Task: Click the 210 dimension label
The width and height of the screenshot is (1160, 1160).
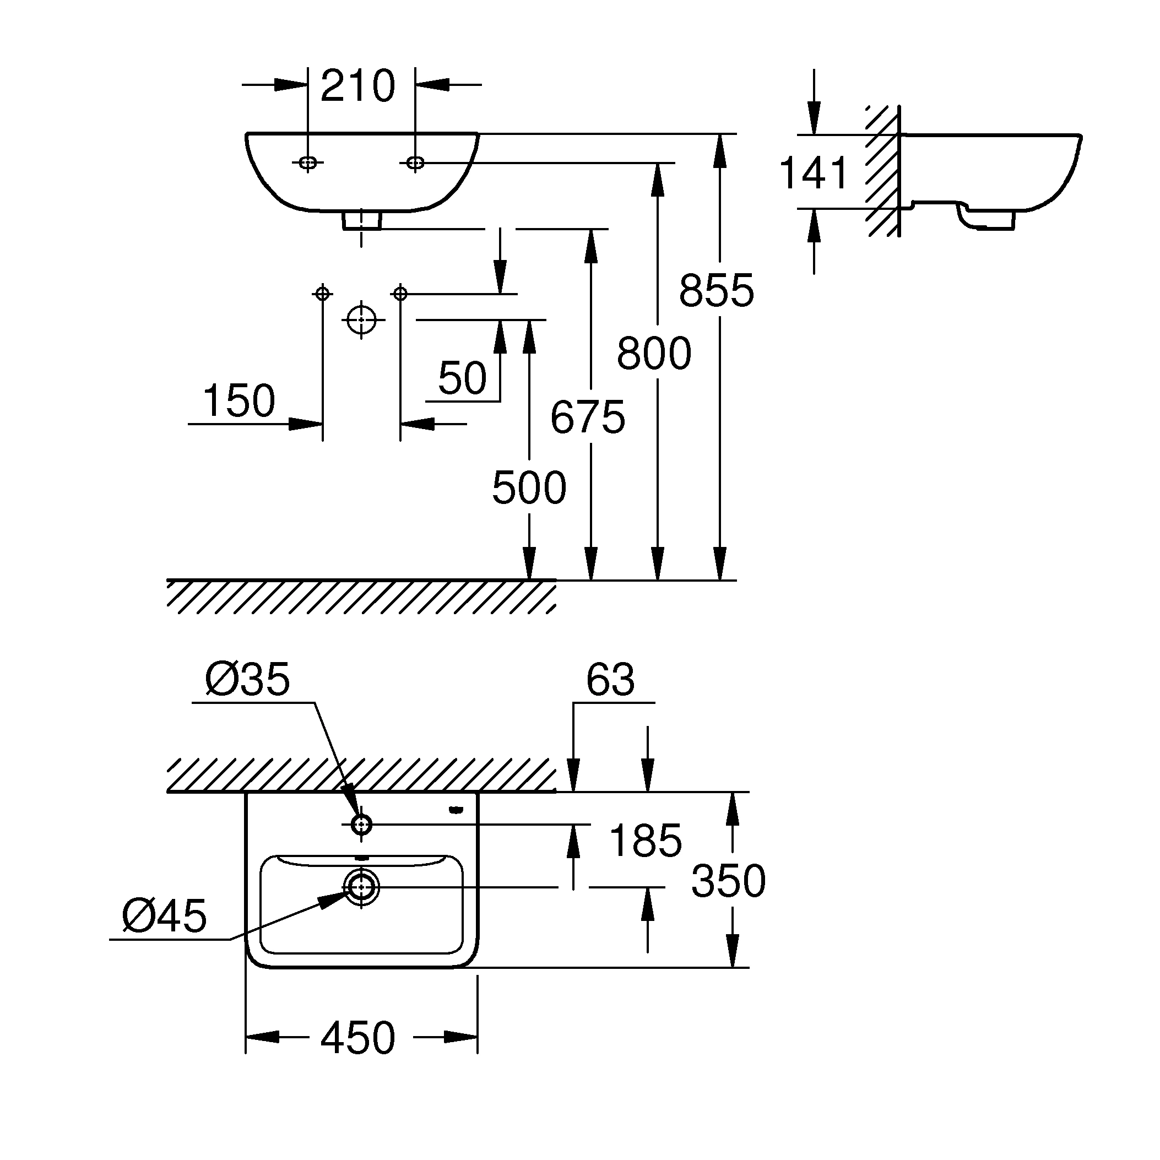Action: click(x=358, y=86)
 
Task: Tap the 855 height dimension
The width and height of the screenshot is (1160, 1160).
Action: click(x=716, y=291)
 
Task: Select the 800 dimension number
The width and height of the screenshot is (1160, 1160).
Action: click(x=654, y=354)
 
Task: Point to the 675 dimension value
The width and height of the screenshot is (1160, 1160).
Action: click(x=588, y=418)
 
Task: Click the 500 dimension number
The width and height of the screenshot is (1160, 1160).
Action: click(x=529, y=487)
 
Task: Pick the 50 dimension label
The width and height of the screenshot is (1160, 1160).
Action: click(x=462, y=378)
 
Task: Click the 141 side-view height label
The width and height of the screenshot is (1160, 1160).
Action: click(x=814, y=174)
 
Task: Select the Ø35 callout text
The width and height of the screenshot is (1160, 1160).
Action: click(x=247, y=680)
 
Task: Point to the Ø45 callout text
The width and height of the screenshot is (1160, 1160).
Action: click(x=164, y=916)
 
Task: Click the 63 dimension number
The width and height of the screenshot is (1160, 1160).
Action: click(x=610, y=680)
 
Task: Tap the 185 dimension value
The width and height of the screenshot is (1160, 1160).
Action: click(x=646, y=841)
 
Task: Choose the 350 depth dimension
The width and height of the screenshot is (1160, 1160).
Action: click(x=728, y=881)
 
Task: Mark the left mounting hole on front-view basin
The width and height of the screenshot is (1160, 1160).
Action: click(x=308, y=162)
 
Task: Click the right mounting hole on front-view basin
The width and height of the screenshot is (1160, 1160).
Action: click(x=415, y=162)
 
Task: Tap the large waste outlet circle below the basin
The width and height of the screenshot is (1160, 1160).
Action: click(x=361, y=320)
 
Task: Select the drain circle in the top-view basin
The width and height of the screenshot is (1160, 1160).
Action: click(x=361, y=886)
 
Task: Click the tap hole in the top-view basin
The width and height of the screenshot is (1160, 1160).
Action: click(x=361, y=825)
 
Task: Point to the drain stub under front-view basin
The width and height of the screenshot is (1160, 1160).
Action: click(x=361, y=220)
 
